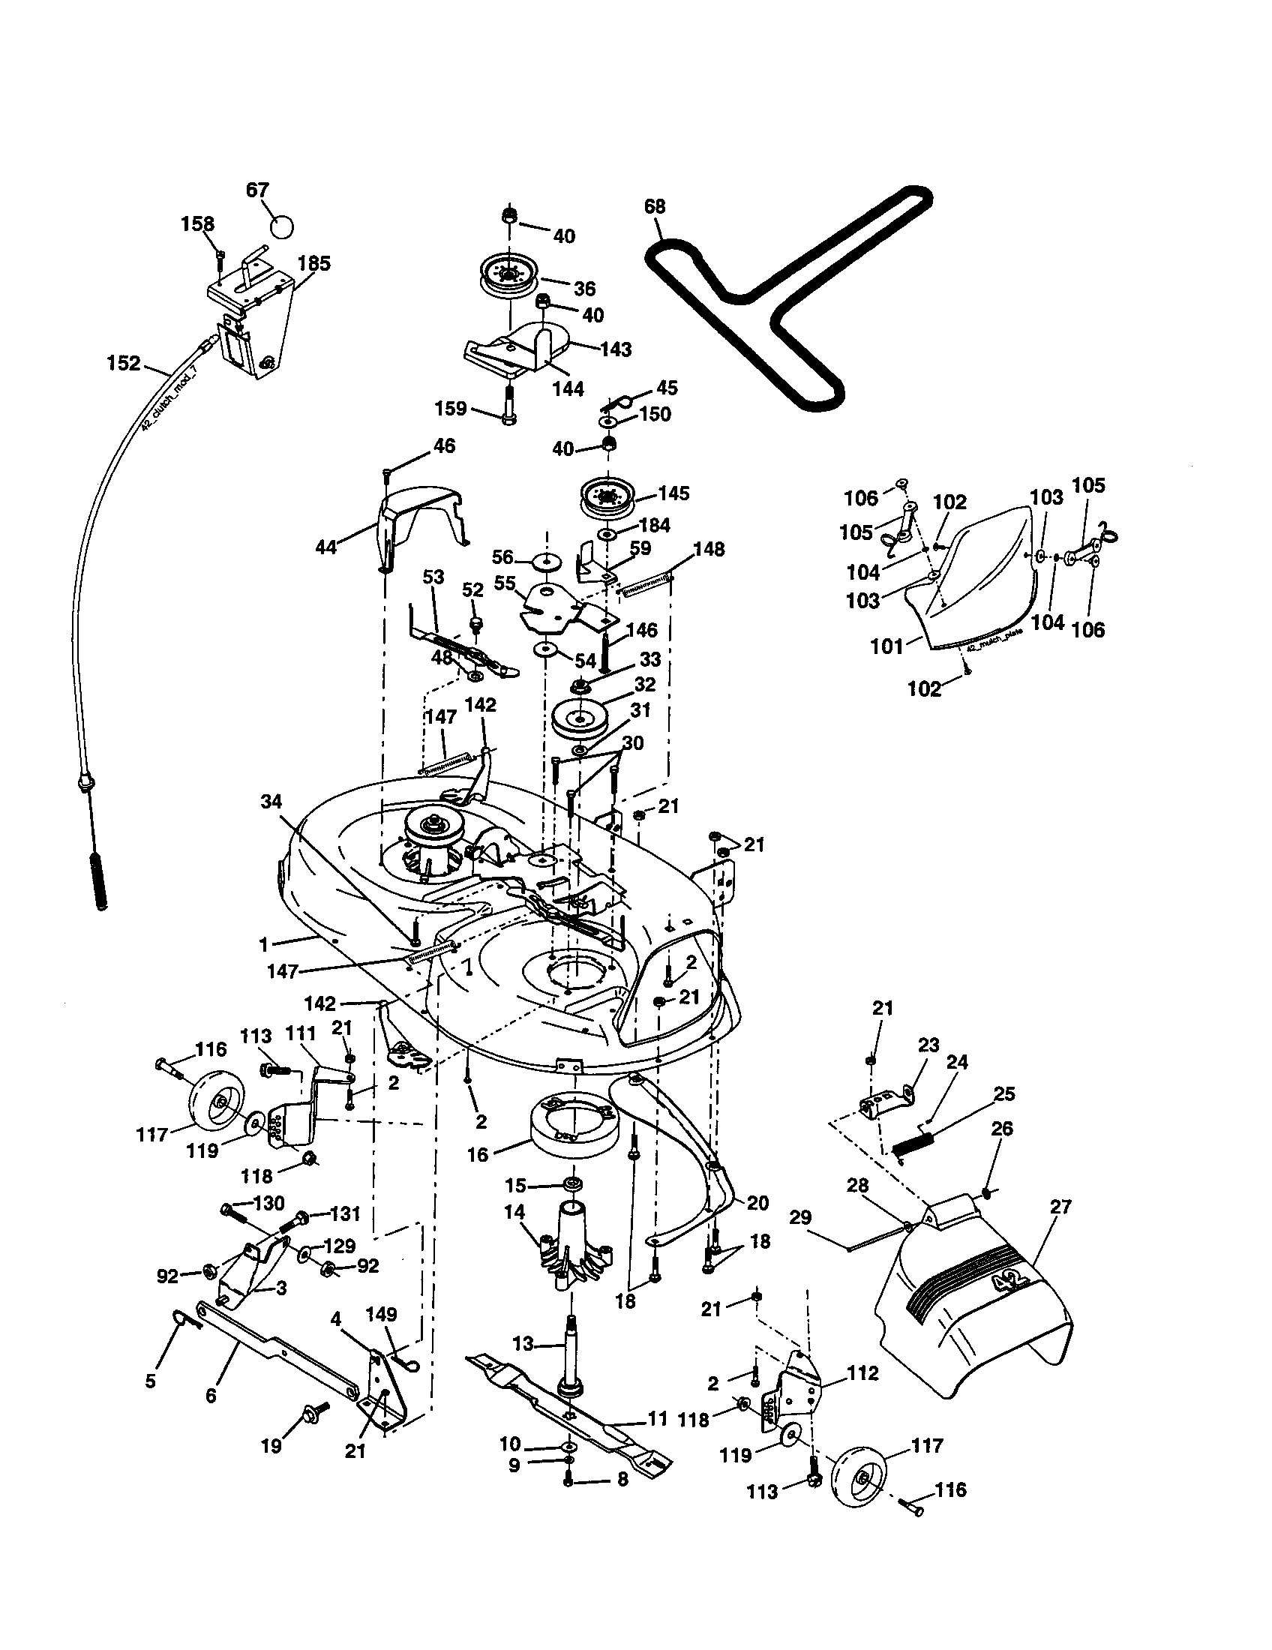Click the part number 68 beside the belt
pyautogui.click(x=654, y=206)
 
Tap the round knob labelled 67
pyautogui.click(x=281, y=226)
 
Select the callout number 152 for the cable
pyautogui.click(x=124, y=364)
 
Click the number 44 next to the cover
pyautogui.click(x=326, y=546)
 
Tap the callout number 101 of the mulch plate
pyautogui.click(x=886, y=646)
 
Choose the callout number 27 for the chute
pyautogui.click(x=1060, y=1207)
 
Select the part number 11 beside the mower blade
pyautogui.click(x=657, y=1419)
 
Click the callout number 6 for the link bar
pyautogui.click(x=211, y=1396)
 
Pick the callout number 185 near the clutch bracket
pyautogui.click(x=314, y=264)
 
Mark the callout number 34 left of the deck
pyautogui.click(x=271, y=801)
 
